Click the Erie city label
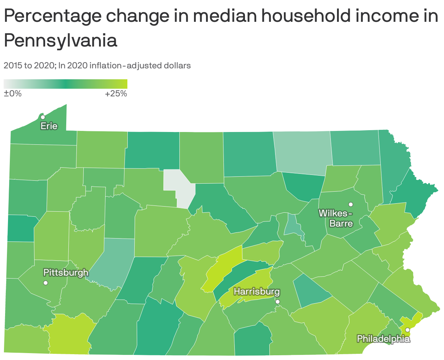pos(49,126)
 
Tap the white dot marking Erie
pos(43,117)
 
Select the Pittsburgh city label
pos(66,272)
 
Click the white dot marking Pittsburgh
pos(45,283)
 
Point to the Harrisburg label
pos(257,292)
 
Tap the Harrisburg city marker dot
pos(278,301)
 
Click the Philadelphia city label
pos(383,339)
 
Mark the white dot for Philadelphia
pos(408,329)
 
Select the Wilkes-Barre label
pos(336,218)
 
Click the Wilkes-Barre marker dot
pos(351,204)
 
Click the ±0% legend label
pos(13,94)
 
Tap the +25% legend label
pos(116,94)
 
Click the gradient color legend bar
pos(66,84)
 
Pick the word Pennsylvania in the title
pos(60,41)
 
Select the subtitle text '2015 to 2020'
pos(29,66)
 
